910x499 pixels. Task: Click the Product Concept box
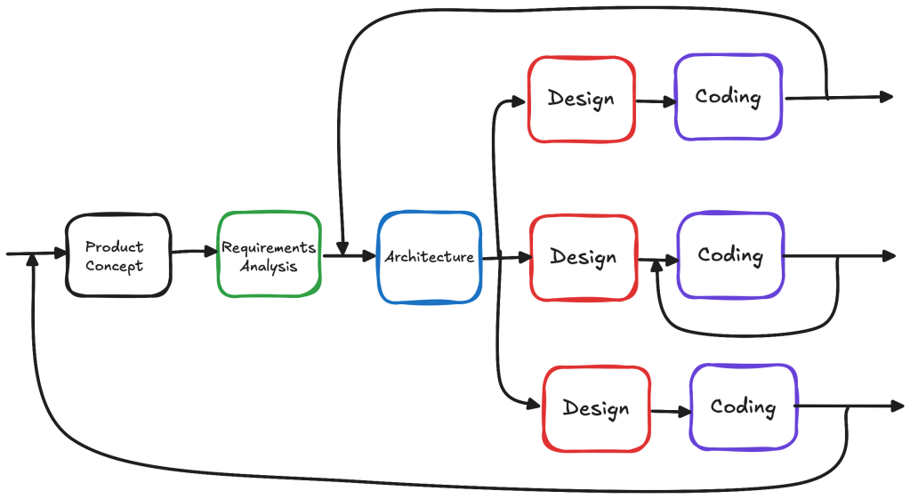pyautogui.click(x=118, y=256)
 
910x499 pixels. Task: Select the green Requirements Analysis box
pyautogui.click(x=270, y=254)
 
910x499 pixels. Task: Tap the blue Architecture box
pyautogui.click(x=430, y=257)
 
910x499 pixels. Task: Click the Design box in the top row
pyautogui.click(x=582, y=100)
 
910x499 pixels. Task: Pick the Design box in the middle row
pyautogui.click(x=584, y=258)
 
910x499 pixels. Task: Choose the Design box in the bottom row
pyautogui.click(x=597, y=408)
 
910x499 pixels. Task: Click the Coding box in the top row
pyautogui.click(x=729, y=97)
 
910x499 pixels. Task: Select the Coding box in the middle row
pyautogui.click(x=730, y=255)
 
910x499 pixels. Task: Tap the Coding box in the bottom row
pyautogui.click(x=744, y=406)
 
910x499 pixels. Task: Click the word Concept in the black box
pyautogui.click(x=115, y=266)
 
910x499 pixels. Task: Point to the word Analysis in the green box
pyautogui.click(x=269, y=266)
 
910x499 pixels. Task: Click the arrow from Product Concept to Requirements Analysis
pyautogui.click(x=195, y=251)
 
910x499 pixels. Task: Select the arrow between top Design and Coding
pyautogui.click(x=656, y=101)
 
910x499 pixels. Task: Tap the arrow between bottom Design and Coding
pyautogui.click(x=671, y=411)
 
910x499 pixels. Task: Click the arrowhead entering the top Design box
pyautogui.click(x=519, y=101)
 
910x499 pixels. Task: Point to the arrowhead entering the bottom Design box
pyautogui.click(x=534, y=404)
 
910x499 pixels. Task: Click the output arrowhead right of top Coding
pyautogui.click(x=886, y=96)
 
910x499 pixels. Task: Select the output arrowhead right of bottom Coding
pyautogui.click(x=898, y=406)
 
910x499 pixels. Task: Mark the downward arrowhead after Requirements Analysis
pyautogui.click(x=342, y=249)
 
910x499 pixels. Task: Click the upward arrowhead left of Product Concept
pyautogui.click(x=33, y=260)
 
